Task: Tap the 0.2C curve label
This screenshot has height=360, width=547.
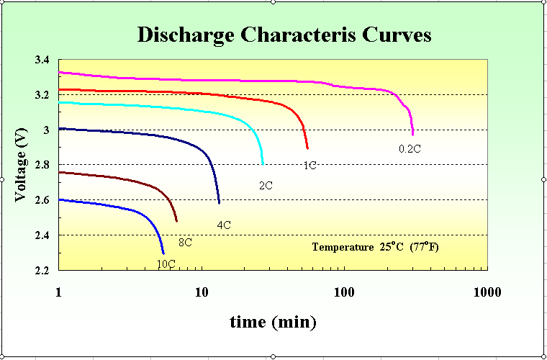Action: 410,149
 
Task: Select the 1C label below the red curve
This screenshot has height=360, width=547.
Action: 309,166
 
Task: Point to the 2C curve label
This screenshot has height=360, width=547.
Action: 265,186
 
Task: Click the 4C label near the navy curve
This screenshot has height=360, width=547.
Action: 224,225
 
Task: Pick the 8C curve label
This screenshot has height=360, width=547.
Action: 185,243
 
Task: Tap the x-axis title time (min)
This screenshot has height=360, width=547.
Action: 273,322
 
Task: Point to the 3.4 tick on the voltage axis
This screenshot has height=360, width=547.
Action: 42,60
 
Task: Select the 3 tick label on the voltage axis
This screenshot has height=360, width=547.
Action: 46,130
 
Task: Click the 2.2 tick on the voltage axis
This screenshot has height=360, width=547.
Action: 42,271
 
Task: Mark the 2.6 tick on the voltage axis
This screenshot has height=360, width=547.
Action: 42,200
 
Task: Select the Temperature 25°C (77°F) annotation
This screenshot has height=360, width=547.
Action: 375,247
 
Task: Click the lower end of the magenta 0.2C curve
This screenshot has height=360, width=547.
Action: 412,134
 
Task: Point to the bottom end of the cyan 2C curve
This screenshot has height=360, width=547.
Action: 263,164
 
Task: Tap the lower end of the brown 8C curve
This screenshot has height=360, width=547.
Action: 176,221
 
